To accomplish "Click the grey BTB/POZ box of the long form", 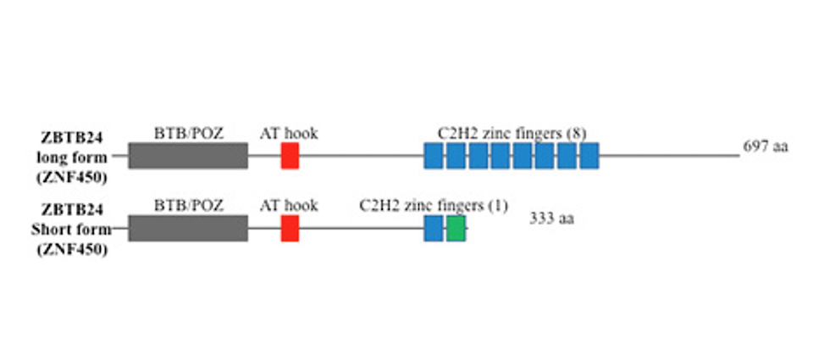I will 188,155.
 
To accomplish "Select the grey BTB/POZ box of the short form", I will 188,228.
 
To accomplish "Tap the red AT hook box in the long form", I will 290,155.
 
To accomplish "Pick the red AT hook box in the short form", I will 290,228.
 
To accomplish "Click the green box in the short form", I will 456,228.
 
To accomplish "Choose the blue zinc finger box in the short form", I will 434,228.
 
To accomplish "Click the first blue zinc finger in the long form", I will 434,155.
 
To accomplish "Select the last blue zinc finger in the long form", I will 589,155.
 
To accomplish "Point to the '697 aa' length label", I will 766,147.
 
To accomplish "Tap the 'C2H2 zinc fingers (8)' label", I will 512,133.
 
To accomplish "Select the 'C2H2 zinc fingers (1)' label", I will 434,206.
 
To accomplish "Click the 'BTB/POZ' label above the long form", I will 189,133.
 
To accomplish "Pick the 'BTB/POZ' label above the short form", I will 189,206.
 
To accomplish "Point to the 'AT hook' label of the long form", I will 289,133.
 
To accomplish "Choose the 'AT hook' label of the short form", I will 289,206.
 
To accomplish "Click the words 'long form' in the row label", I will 72,157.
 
